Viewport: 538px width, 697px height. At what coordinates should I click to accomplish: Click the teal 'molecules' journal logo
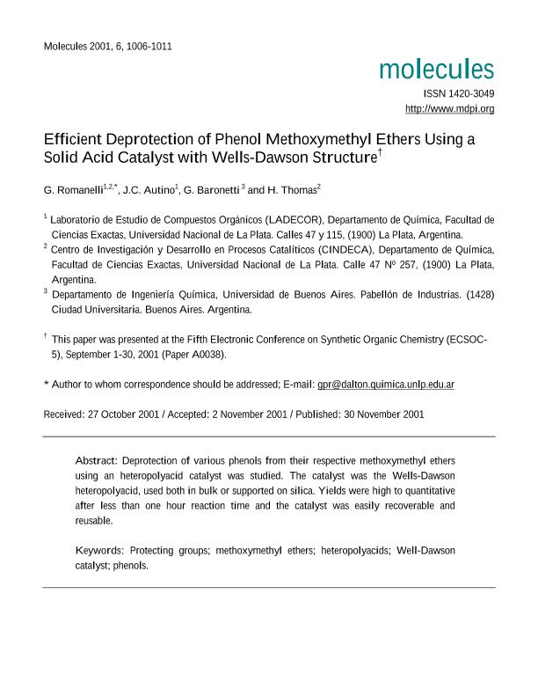click(437, 70)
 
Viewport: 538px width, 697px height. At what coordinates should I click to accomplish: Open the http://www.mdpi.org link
click(449, 109)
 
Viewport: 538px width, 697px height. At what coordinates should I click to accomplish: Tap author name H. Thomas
click(290, 190)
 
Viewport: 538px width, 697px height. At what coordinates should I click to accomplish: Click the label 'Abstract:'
click(97, 460)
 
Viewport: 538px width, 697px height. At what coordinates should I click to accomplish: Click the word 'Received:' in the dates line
click(65, 414)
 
